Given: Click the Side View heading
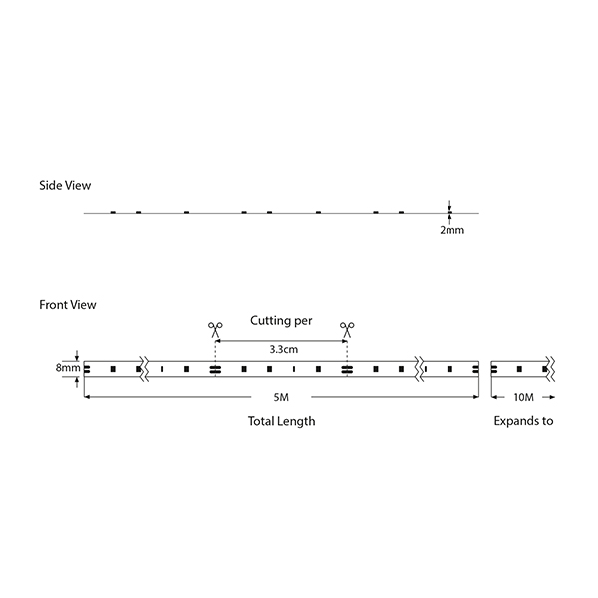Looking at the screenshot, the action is pyautogui.click(x=65, y=185).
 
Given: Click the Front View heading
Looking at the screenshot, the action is pyautogui.click(x=68, y=305).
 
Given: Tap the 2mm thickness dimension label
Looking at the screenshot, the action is pyautogui.click(x=451, y=230).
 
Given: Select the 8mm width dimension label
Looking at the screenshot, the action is pyautogui.click(x=68, y=368).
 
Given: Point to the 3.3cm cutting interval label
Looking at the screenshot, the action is pyautogui.click(x=284, y=349).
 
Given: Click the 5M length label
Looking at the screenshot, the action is pyautogui.click(x=281, y=397).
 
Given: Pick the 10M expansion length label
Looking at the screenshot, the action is pyautogui.click(x=523, y=397).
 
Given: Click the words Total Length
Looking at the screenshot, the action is pyautogui.click(x=281, y=421).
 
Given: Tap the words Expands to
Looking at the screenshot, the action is pyautogui.click(x=523, y=421).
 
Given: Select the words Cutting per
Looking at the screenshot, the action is pyautogui.click(x=281, y=320).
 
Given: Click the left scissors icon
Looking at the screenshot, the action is pyautogui.click(x=215, y=330).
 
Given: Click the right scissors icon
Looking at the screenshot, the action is pyautogui.click(x=347, y=330).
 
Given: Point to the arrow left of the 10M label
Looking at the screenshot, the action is pyautogui.click(x=498, y=397).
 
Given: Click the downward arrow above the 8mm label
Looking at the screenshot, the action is pyautogui.click(x=77, y=355).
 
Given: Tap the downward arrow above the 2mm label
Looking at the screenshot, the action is pyautogui.click(x=449, y=205).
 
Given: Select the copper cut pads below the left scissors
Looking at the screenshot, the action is pyautogui.click(x=215, y=369).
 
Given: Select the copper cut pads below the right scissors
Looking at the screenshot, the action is pyautogui.click(x=347, y=369).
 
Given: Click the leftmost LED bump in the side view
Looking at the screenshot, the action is pyautogui.click(x=113, y=212).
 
